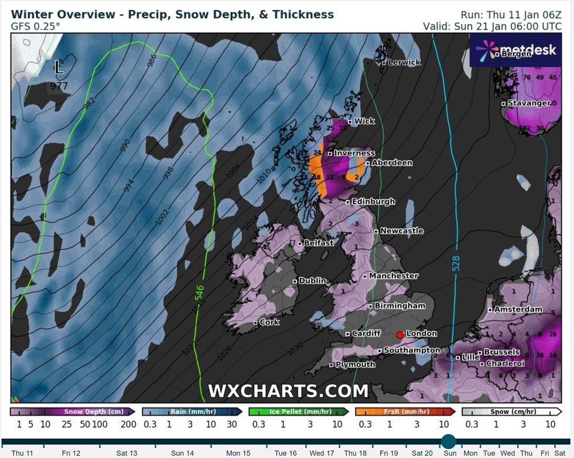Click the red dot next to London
pos(400,335)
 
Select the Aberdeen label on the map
pos(392,162)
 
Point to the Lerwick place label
pos(404,62)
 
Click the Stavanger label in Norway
pos(529,103)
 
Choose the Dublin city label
pos(312,281)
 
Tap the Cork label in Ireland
pos(269,322)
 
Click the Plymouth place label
pos(356,364)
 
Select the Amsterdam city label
pos(518,309)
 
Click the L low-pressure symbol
pos(59,68)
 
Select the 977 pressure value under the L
pos(59,86)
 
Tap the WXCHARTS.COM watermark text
pos(288,391)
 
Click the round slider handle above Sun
pos(449,442)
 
